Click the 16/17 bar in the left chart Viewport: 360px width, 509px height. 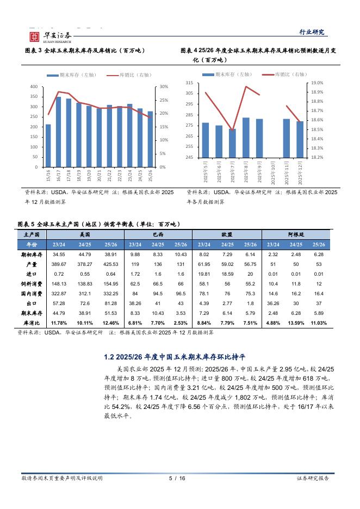click(58, 132)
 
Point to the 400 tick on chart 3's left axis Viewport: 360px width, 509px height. click(34, 87)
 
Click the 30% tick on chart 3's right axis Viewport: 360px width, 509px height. click(164, 87)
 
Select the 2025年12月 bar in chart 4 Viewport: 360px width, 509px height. click(300, 139)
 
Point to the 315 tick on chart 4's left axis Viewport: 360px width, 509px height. click(189, 82)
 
